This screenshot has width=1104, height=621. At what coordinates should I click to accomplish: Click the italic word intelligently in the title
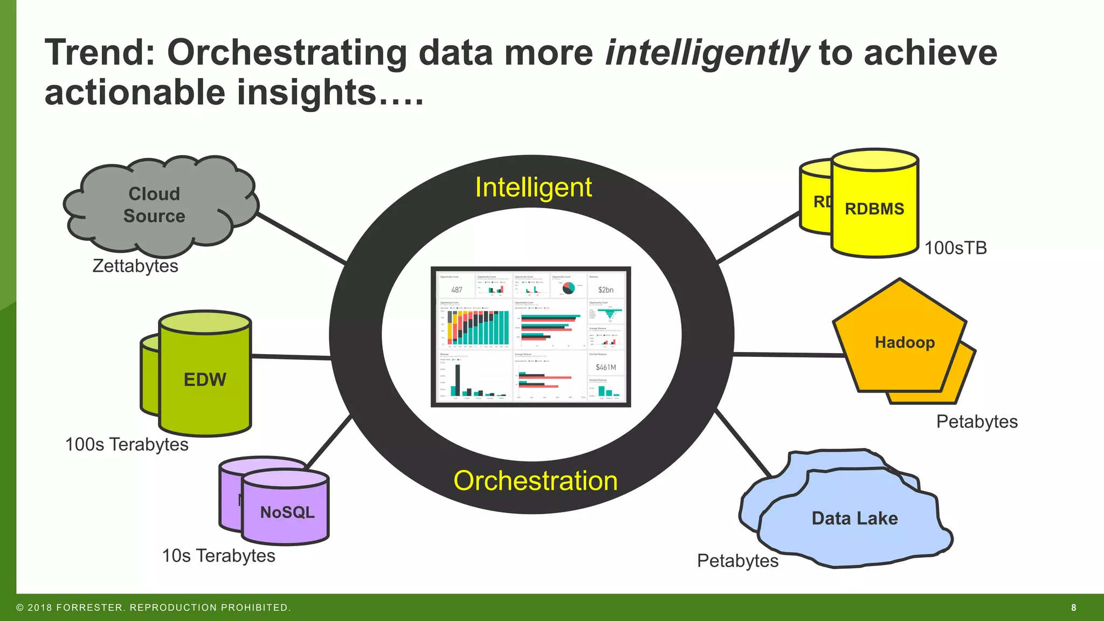706,53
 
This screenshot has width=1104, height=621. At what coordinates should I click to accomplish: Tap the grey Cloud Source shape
155,205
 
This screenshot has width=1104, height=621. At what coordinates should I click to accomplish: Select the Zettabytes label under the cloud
135,266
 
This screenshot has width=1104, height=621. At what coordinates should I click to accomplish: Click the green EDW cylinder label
205,379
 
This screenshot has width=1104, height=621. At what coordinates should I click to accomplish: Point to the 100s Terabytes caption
127,444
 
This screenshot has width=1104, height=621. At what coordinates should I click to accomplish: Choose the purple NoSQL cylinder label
287,512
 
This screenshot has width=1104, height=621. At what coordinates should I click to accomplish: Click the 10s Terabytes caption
218,555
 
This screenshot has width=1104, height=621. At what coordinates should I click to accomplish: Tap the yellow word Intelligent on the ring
533,188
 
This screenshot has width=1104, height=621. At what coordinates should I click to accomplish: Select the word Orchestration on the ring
535,480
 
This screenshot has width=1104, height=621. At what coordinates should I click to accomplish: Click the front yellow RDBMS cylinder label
874,209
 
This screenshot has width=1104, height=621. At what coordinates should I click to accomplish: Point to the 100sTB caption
956,248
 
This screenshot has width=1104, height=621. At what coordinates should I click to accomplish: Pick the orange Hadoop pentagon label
905,342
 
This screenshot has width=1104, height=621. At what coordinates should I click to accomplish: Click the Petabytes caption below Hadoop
977,422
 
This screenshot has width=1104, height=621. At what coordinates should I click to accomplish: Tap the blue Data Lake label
855,518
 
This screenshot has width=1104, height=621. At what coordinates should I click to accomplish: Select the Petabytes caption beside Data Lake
737,561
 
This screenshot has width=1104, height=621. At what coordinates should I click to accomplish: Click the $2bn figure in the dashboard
605,290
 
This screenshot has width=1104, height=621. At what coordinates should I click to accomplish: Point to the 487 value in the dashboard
457,290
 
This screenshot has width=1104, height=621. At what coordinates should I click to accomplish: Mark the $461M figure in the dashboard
606,368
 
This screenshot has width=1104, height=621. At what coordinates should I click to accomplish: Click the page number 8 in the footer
1073,608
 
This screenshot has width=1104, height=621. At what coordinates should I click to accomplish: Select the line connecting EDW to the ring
291,357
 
